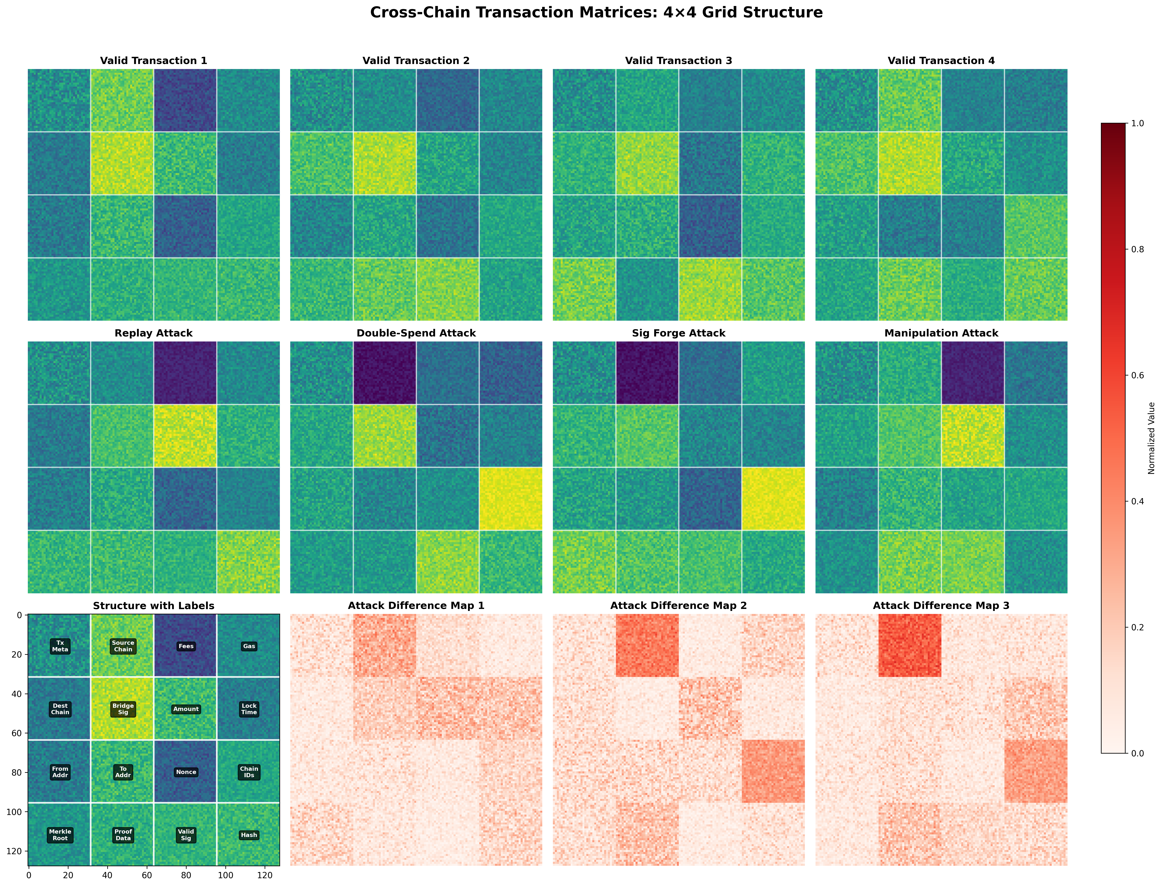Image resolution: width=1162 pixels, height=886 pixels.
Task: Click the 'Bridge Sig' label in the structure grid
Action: click(x=123, y=709)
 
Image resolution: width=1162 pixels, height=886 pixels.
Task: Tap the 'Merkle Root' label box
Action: click(x=60, y=835)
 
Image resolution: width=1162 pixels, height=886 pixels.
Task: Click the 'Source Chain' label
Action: click(x=123, y=646)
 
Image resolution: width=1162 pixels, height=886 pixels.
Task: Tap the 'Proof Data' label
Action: click(x=123, y=835)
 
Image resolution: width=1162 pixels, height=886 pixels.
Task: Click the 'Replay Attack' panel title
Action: click(x=154, y=333)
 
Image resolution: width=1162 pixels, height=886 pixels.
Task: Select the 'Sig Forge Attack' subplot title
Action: click(x=679, y=333)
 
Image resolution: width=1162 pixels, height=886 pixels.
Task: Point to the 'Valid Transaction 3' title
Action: click(x=679, y=61)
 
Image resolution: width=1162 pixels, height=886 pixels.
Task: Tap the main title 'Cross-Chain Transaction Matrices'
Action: click(x=596, y=13)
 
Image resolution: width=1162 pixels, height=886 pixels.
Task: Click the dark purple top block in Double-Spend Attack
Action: click(x=385, y=373)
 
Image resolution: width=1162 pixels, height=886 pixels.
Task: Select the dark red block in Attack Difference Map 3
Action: click(x=910, y=646)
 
